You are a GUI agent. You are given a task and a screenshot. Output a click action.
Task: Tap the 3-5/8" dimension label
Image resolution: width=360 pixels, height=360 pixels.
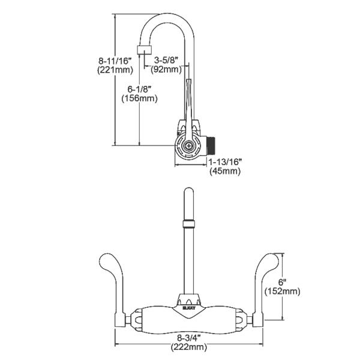point(167,59)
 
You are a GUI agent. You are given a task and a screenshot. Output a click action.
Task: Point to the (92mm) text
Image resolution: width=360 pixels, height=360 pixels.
point(166,70)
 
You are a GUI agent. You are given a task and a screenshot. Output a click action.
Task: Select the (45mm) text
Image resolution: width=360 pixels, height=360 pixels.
point(225,171)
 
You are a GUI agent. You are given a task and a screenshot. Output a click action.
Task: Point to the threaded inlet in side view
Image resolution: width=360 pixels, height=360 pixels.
point(211,145)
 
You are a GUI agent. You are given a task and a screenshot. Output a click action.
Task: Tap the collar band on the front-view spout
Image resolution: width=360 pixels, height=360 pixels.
point(188,224)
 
